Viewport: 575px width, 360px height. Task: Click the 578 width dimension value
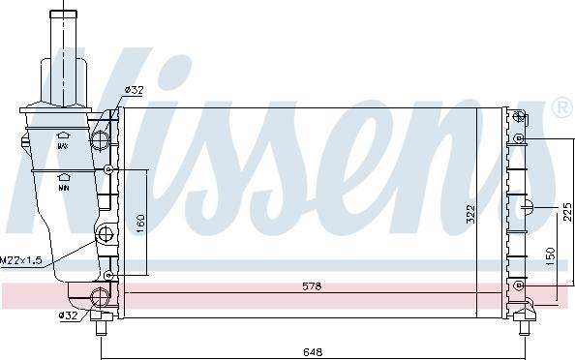[x=312, y=285]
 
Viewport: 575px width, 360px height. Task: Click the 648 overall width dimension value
[x=313, y=352]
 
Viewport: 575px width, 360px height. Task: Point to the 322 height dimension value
[x=470, y=213]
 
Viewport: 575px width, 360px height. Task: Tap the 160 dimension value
[x=140, y=224]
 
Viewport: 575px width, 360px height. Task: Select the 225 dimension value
[x=567, y=212]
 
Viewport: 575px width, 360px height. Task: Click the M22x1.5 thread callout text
[x=21, y=260]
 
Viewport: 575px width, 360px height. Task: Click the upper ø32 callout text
[x=134, y=89]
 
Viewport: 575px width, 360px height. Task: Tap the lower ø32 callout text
[x=69, y=315]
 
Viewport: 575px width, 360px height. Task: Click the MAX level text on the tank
[x=63, y=146]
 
